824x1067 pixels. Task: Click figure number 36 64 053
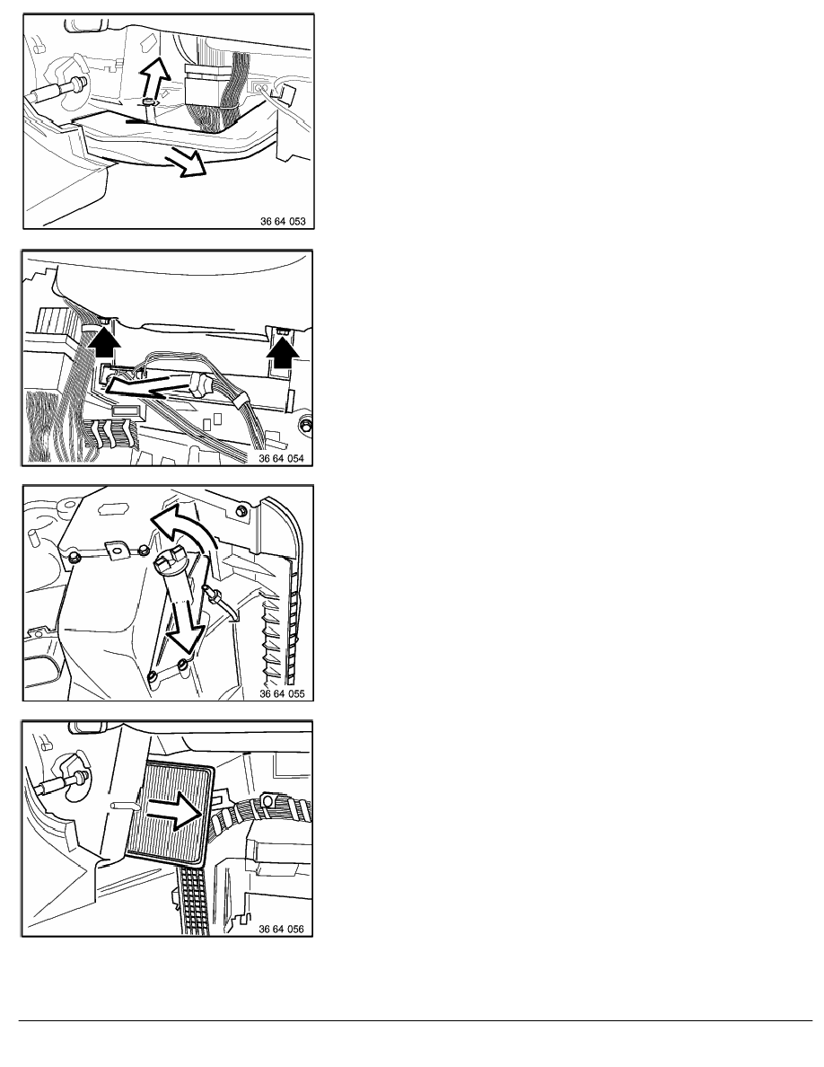(x=283, y=221)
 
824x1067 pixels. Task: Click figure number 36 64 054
(x=282, y=459)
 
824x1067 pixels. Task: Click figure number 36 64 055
(x=282, y=694)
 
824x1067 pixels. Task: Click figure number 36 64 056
(x=282, y=929)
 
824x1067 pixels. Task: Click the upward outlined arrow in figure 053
(x=155, y=79)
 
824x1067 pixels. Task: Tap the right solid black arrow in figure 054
(x=282, y=351)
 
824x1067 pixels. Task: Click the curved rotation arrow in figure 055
(x=182, y=524)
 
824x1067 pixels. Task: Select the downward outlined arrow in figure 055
(x=186, y=625)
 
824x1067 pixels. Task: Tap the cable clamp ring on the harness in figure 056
(x=267, y=801)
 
